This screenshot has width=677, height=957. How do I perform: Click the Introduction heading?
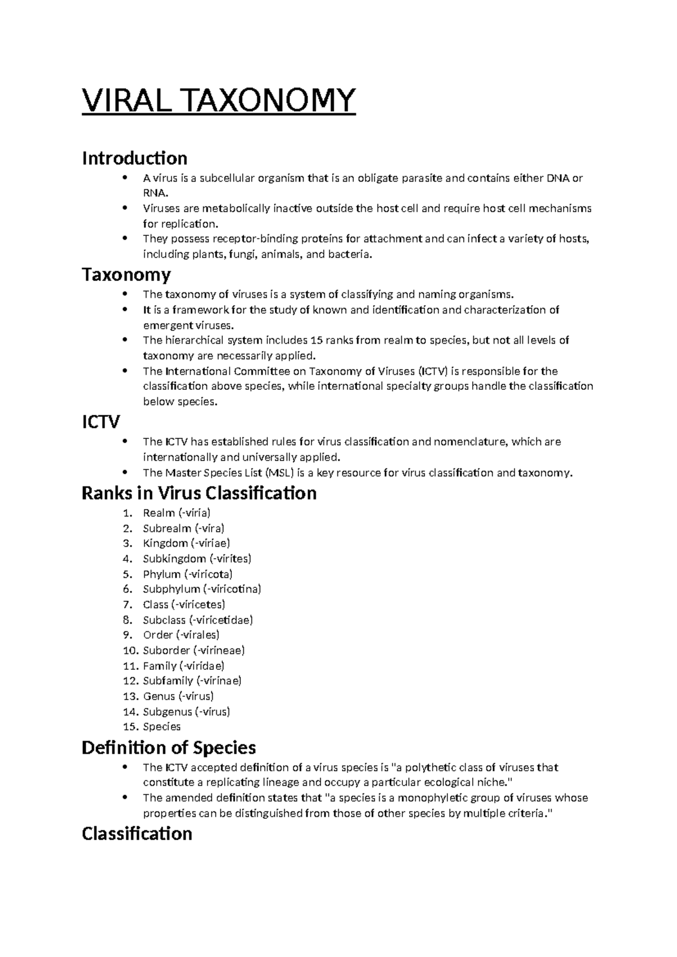coord(134,158)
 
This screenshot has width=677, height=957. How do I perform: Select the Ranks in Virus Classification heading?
coord(199,493)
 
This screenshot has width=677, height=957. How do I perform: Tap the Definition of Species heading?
coord(169,748)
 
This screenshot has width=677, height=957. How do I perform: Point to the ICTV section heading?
coord(101,422)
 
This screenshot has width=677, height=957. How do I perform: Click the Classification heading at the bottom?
coord(137,833)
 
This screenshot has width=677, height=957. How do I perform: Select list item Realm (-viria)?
coord(177,513)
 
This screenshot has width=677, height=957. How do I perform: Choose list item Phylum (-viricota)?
coord(187,574)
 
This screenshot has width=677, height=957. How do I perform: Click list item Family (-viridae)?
coord(183,666)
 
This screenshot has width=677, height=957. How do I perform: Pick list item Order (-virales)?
coord(181,635)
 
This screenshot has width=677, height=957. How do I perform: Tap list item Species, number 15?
coord(161,727)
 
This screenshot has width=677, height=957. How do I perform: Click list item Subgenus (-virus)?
coord(186,712)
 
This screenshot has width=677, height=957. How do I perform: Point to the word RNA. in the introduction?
coord(155,193)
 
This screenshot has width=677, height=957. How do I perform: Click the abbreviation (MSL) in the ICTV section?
coord(280,473)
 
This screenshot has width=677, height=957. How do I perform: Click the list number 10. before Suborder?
coord(131,651)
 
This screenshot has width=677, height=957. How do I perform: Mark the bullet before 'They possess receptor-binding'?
coord(125,239)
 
